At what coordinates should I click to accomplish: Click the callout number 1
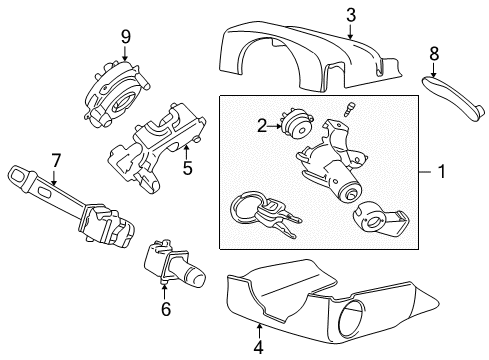pos(441,172)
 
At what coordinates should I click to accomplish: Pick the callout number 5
pos(187,169)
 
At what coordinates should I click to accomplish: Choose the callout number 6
pos(166,308)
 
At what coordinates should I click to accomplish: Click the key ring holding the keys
pos(244,209)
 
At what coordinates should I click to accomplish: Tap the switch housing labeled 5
pos(150,145)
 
